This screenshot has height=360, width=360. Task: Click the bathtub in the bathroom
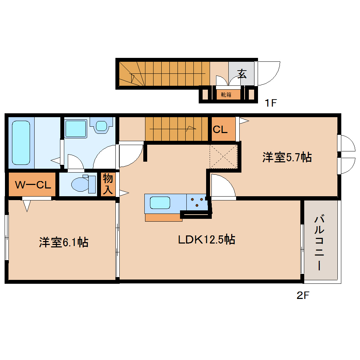point(21,142)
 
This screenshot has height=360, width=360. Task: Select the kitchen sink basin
point(160,203)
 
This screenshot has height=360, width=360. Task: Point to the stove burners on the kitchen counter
point(196,202)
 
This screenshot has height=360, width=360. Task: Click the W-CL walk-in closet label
point(32,185)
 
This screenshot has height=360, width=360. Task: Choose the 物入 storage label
point(107,184)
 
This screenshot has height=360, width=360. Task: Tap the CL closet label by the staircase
point(220,130)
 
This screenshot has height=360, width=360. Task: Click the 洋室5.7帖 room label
point(287,157)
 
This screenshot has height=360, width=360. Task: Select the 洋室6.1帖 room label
point(64,242)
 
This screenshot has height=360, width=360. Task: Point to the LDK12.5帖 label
point(206,240)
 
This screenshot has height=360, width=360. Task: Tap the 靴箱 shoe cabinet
point(226,95)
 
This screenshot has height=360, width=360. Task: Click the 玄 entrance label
point(242,74)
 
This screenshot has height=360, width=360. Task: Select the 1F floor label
point(272,103)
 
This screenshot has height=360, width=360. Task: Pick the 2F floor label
point(302,296)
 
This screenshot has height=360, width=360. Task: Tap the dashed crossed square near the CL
point(223,156)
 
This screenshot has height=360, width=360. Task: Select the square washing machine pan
point(76,129)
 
